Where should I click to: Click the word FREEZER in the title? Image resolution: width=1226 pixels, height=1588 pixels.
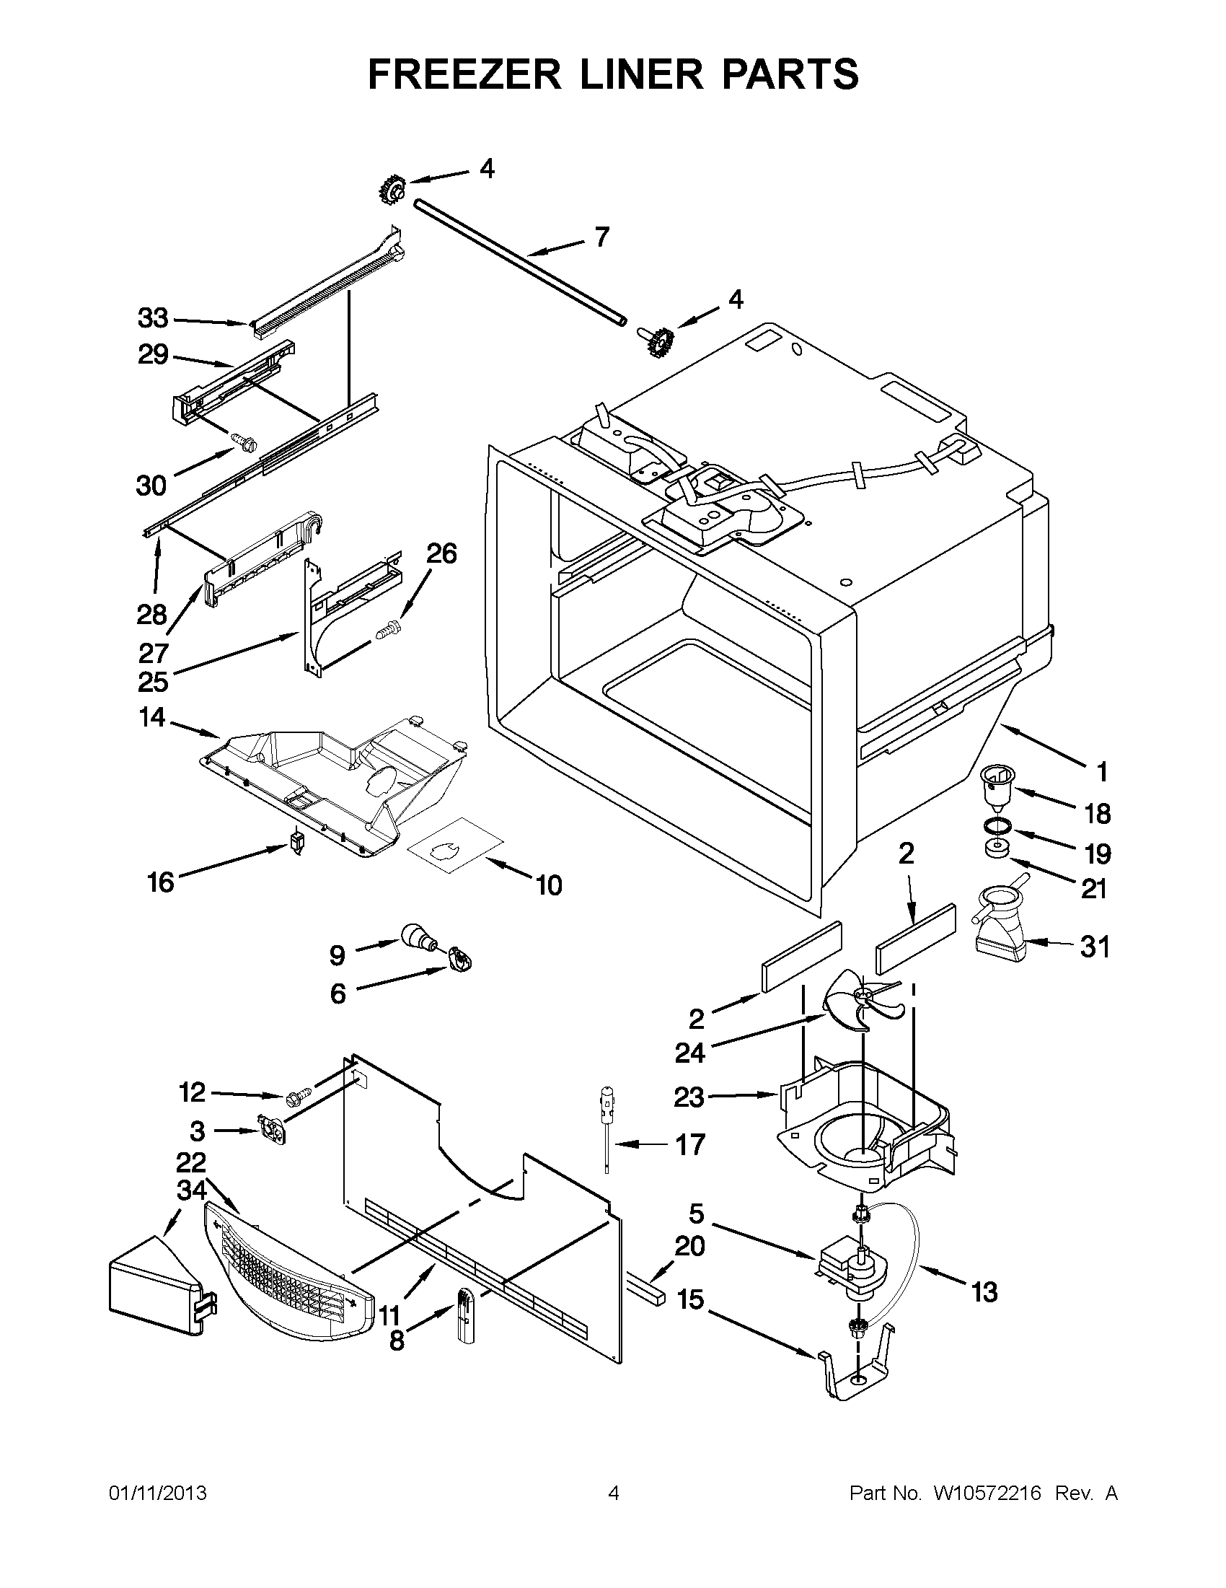coord(464,74)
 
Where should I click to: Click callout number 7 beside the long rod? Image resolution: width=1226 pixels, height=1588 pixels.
coord(601,237)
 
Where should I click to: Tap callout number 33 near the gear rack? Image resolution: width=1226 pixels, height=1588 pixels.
coord(153,317)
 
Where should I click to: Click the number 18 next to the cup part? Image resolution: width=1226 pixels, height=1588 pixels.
coord(1098,814)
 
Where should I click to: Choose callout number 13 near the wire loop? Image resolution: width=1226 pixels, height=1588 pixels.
coord(984,1292)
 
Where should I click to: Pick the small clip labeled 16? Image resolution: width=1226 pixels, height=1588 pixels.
coord(296,843)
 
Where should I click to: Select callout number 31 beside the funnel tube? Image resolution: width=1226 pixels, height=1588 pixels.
coord(1095,947)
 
